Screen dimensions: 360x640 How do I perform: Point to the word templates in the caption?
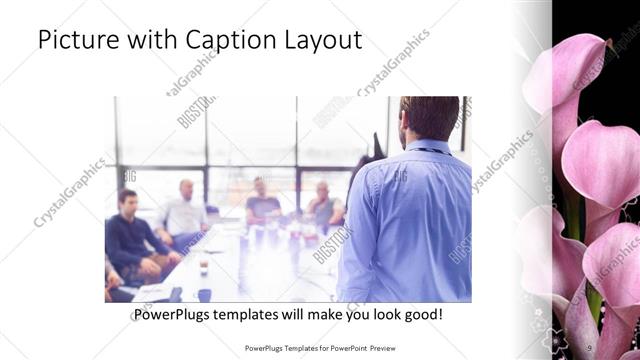pos(251,314)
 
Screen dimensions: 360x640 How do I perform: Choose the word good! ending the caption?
pos(423,314)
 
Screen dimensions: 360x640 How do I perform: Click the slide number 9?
pos(589,347)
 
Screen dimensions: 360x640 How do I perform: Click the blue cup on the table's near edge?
pos(204,294)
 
